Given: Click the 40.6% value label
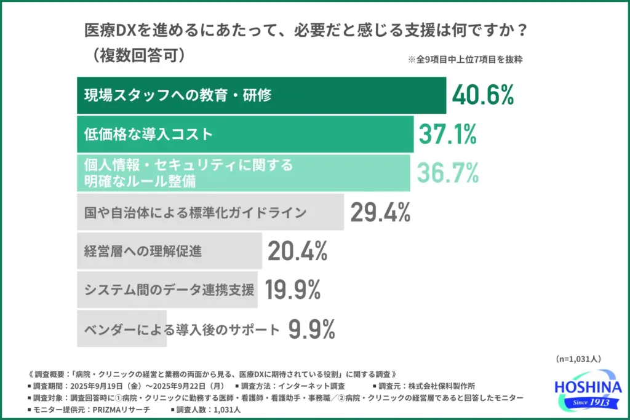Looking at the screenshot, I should [x=482, y=96].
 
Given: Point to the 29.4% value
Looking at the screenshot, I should [x=380, y=213].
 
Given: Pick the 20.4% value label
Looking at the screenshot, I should [x=298, y=252].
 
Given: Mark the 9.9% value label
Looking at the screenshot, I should [x=312, y=329].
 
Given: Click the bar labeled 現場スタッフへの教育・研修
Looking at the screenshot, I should [x=261, y=96].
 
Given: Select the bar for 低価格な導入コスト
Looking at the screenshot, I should [x=245, y=135].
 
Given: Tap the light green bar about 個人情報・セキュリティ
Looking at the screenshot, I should [x=243, y=174].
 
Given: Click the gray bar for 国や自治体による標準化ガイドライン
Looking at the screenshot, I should [x=210, y=213].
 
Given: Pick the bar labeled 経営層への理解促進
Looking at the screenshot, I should [x=169, y=252].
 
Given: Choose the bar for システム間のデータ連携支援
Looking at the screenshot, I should [x=167, y=290].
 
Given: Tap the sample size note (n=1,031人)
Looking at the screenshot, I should [x=578, y=359].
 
